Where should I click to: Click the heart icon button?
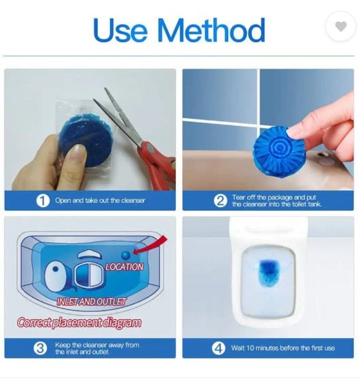tap(340, 26)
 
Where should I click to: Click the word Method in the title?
tap(211, 30)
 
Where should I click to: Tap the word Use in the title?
tap(120, 30)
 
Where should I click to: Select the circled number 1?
tap(43, 201)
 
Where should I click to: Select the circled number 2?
tap(221, 201)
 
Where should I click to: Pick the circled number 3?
tap(40, 348)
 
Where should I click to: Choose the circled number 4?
tap(219, 348)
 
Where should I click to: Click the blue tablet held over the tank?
tap(280, 151)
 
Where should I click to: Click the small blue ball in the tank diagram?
tap(126, 255)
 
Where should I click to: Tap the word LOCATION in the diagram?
tap(124, 267)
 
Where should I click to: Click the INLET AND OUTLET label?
tap(92, 302)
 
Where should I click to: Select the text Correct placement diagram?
tap(79, 323)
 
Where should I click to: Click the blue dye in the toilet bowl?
tap(268, 272)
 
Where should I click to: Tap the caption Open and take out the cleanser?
tap(100, 200)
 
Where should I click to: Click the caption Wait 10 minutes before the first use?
tap(283, 348)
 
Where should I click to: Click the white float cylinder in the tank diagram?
tap(56, 276)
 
